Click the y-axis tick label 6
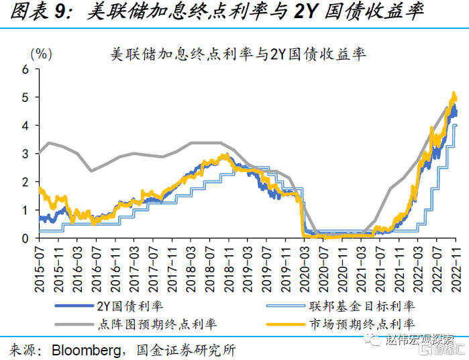(x=25, y=69)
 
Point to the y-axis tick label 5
(x=25, y=97)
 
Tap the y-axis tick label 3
(x=25, y=154)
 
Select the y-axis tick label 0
(x=25, y=238)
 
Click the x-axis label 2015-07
(x=40, y=269)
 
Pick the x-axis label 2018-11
(x=229, y=269)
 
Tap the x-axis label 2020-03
(x=305, y=269)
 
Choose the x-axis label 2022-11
(x=456, y=269)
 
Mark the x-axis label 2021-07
(x=380, y=269)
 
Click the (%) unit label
(x=42, y=54)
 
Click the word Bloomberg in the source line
(x=87, y=350)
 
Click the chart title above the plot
(x=238, y=54)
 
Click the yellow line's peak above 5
(x=454, y=93)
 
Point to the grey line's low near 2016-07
(x=91, y=171)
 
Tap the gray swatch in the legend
(x=74, y=324)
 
